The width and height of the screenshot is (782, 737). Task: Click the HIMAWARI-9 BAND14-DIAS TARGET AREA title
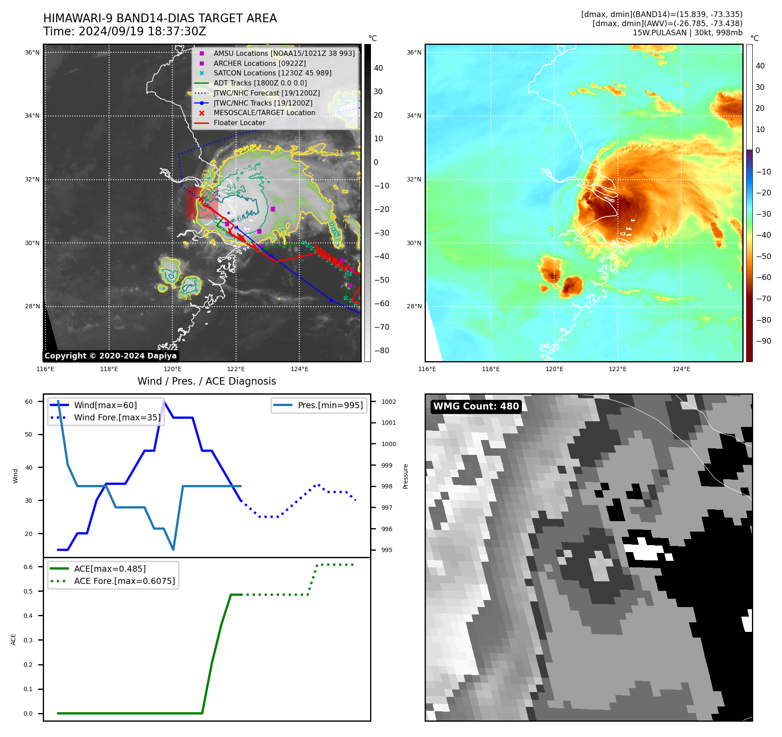tap(160, 18)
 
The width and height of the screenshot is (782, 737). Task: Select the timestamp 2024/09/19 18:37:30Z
tap(124, 32)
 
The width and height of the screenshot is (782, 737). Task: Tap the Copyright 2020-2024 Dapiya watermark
tap(110, 356)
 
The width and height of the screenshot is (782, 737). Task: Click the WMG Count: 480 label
tap(476, 406)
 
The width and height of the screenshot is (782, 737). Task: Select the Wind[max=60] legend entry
tap(105, 406)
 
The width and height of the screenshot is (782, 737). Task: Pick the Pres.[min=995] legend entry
tap(330, 406)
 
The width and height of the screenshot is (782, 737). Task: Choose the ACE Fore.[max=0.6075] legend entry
tap(124, 581)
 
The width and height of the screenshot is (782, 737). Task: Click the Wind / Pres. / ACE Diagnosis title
tap(206, 382)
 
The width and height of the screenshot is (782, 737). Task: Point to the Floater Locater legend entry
tap(239, 123)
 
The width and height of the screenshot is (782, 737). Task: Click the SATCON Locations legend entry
tap(272, 73)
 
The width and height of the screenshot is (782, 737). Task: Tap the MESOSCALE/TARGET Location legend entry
tap(264, 113)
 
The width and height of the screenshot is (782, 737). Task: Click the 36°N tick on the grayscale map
tap(32, 53)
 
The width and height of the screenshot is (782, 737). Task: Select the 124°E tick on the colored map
tap(681, 369)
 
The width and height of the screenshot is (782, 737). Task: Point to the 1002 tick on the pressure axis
tap(388, 402)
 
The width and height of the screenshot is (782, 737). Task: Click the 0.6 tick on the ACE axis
tap(28, 567)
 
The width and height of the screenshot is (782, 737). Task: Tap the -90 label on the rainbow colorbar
tap(763, 341)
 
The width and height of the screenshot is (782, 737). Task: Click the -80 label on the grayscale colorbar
tap(381, 351)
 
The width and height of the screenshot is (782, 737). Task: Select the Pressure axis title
tap(406, 476)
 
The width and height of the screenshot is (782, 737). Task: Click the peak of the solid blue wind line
tap(164, 401)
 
